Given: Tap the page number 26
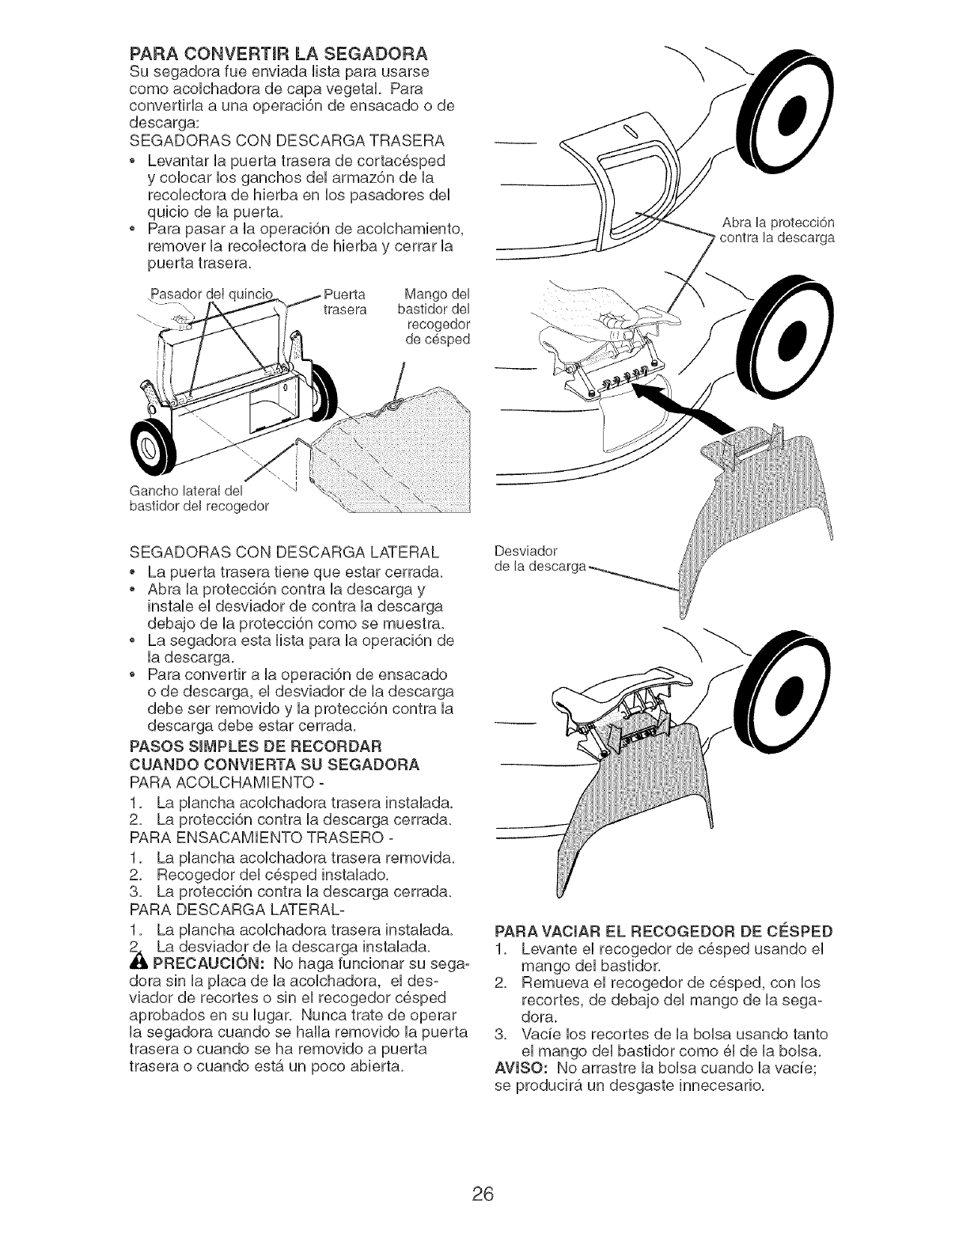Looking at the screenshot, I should pyautogui.click(x=479, y=1172).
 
